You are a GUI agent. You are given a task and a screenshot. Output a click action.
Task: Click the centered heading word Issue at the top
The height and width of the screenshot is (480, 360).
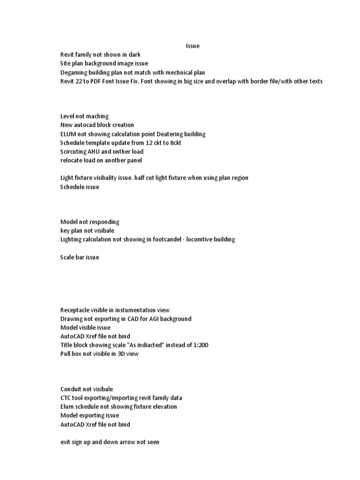tap(192, 46)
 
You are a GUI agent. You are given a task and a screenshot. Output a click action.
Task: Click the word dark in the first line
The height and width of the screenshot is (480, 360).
tap(134, 55)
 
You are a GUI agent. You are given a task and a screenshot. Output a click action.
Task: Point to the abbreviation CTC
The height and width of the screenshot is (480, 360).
tap(67, 398)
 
